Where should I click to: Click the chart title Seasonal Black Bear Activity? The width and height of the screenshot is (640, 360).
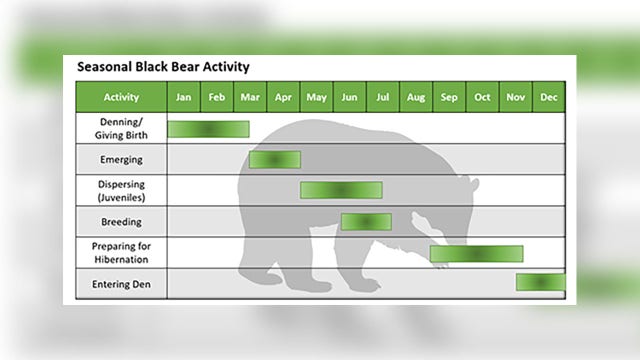[163, 67]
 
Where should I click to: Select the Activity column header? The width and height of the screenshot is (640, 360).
[121, 97]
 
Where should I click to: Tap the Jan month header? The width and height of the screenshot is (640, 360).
[183, 97]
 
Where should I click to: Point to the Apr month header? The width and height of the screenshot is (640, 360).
[283, 97]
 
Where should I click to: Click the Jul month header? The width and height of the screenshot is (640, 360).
[383, 97]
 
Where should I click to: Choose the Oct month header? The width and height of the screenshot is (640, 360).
[482, 97]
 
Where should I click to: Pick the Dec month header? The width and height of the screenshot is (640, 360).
[549, 97]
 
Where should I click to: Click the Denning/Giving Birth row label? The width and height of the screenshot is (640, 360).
[121, 128]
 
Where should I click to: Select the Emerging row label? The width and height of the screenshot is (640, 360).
[121, 159]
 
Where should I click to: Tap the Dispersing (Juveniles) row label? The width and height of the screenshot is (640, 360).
[121, 190]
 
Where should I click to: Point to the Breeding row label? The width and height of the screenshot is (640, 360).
[121, 221]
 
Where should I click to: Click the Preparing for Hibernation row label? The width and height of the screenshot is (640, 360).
[121, 252]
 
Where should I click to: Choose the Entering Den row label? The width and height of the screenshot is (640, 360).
[121, 284]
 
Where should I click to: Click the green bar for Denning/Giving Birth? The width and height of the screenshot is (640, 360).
[208, 128]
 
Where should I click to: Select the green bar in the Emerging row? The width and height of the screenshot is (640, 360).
[275, 159]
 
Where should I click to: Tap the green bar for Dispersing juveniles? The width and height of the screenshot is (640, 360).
[341, 190]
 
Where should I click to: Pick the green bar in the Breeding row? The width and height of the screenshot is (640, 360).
[366, 221]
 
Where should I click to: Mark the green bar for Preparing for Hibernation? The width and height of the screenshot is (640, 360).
[476, 253]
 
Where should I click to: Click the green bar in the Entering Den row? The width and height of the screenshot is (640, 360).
[540, 282]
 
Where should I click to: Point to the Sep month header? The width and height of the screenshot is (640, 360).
[449, 97]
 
